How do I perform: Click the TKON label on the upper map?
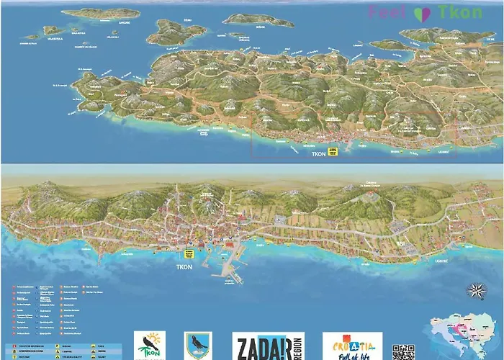(x=318, y=154)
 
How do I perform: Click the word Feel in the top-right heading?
(x=390, y=12)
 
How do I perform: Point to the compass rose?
(x=475, y=292)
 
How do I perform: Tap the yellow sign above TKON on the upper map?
(x=333, y=151)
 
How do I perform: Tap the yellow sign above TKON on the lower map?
(x=190, y=254)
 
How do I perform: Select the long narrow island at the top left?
(x=101, y=13)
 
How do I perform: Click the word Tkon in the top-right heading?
(x=460, y=12)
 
